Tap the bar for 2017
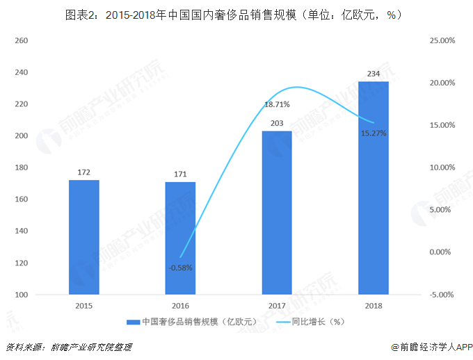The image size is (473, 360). [277, 213]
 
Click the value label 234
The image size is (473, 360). [374, 74]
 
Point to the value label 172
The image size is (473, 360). [84, 172]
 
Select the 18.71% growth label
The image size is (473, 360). [277, 105]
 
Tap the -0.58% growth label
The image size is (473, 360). [180, 267]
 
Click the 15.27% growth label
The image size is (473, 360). [374, 133]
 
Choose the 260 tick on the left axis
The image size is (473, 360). [20, 40]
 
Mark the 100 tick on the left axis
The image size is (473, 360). [20, 295]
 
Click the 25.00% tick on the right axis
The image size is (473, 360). [442, 40]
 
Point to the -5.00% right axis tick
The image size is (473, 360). [442, 295]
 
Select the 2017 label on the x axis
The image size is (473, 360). [277, 306]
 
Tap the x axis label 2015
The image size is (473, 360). [84, 306]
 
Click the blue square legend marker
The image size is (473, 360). [133, 322]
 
